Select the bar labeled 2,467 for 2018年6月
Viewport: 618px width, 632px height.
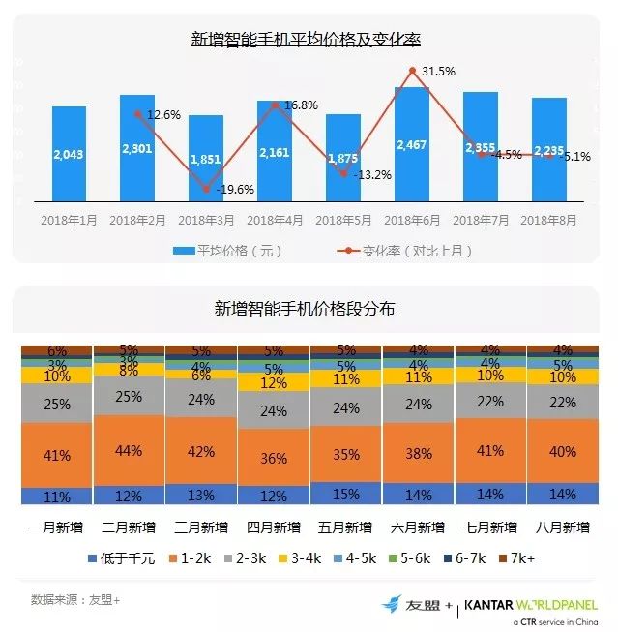pyautogui.click(x=412, y=144)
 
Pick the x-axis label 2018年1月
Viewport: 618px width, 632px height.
pyautogui.click(x=69, y=221)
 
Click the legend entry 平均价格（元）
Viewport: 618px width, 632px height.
pyautogui.click(x=227, y=251)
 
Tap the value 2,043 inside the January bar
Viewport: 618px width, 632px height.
pyautogui.click(x=69, y=155)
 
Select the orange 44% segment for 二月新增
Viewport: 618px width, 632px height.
pyautogui.click(x=130, y=451)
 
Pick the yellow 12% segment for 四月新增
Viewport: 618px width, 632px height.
pyautogui.click(x=274, y=383)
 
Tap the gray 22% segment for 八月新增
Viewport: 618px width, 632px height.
pyautogui.click(x=562, y=402)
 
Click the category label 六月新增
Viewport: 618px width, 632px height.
pyautogui.click(x=418, y=528)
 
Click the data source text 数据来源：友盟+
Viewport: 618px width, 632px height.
pyautogui.click(x=75, y=598)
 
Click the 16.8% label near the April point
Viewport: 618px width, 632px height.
pyautogui.click(x=300, y=105)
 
